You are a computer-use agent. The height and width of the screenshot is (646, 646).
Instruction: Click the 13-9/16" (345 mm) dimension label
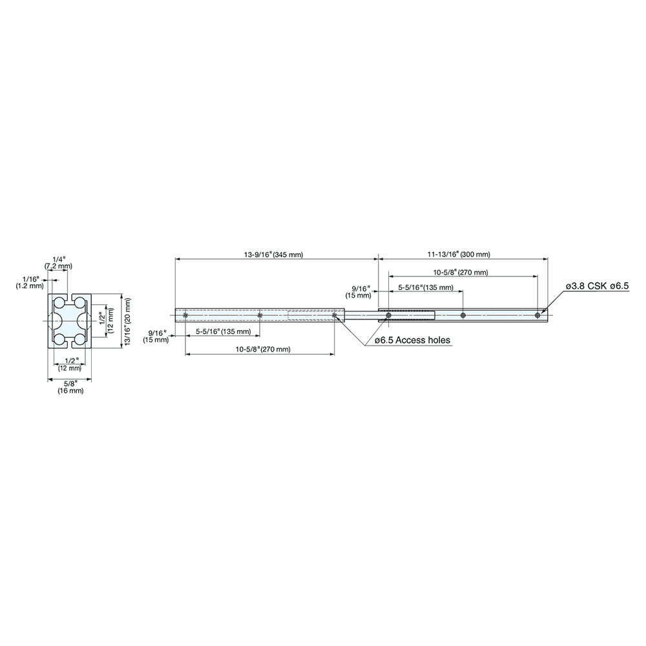point(273,255)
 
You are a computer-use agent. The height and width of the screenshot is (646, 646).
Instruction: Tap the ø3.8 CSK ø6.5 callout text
point(597,286)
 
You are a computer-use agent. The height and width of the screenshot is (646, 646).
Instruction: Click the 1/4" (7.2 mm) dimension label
point(59,262)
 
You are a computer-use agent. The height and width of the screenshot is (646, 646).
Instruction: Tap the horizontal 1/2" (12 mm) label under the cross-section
point(69,364)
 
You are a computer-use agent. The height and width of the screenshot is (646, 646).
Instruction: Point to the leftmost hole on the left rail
point(185,315)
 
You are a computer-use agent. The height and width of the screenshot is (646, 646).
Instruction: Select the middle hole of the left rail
point(260,315)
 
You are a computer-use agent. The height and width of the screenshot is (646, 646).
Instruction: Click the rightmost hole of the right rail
point(537,315)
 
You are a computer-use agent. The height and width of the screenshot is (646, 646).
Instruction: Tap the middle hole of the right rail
point(463,315)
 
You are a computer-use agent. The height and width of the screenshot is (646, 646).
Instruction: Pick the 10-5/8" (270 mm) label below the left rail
point(262,349)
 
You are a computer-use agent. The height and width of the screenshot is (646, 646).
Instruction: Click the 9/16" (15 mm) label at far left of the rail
point(156,335)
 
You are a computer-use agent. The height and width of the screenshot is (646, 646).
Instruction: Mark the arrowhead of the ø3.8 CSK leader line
point(543,312)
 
